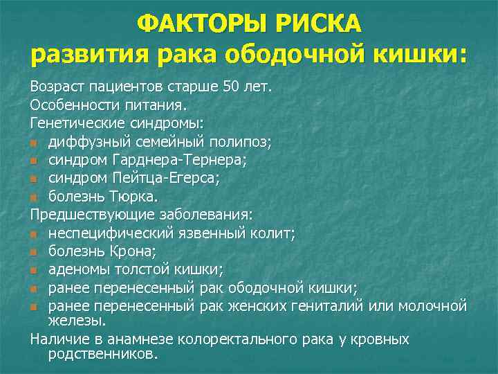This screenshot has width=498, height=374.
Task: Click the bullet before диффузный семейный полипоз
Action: click(34, 142)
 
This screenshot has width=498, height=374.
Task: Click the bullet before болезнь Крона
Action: click(34, 251)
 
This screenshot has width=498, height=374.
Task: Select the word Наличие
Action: click(57, 339)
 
